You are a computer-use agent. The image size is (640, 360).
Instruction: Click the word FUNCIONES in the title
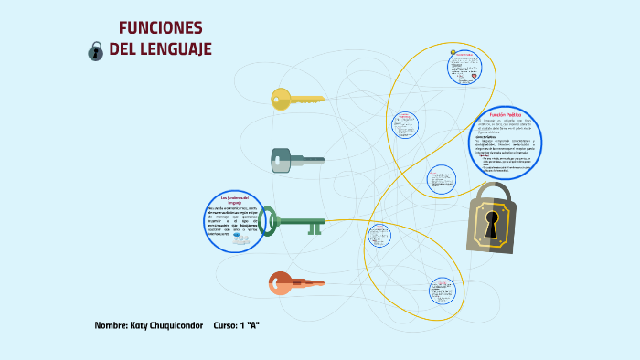[x=161, y=27]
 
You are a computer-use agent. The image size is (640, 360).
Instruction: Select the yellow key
[x=297, y=99]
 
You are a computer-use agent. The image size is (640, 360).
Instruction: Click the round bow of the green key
[x=268, y=220]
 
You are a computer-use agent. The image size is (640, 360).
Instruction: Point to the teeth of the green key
[x=315, y=228]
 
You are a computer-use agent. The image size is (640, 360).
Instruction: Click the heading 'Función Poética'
[x=505, y=114]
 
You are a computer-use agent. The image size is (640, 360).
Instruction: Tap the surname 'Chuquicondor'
[x=178, y=326]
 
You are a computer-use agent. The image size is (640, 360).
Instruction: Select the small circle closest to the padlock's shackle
[x=442, y=179]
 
